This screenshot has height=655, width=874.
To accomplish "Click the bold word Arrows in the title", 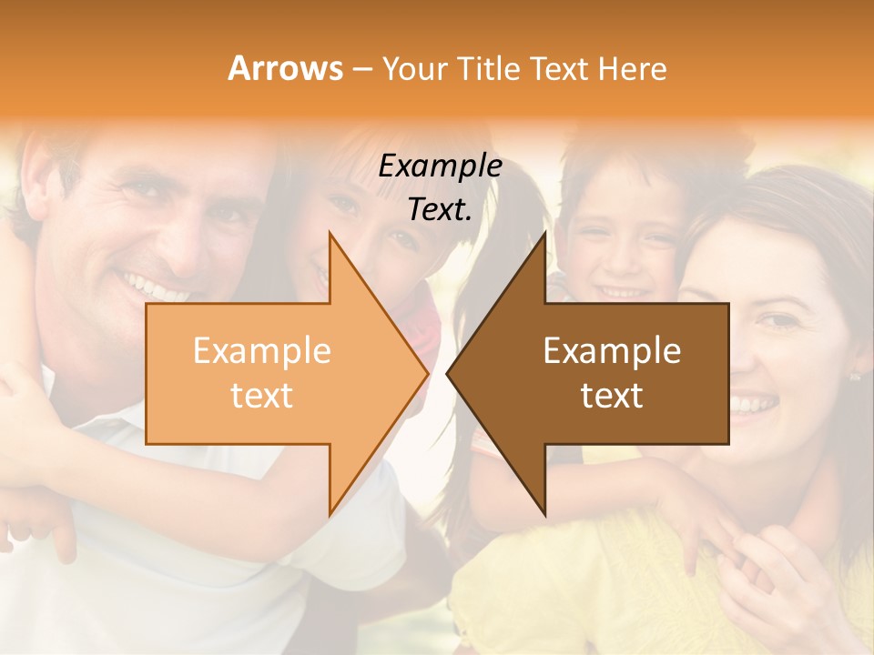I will coord(286,68).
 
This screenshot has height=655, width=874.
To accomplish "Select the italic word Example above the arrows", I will coord(440,166).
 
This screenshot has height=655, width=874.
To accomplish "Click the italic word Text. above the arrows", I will coord(440,209).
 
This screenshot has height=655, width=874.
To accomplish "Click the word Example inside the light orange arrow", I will coord(261,351).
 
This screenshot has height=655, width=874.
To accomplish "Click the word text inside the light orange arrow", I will coord(261,395).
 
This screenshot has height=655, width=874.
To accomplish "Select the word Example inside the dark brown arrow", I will coord(612,351).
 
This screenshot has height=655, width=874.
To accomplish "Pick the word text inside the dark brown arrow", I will coord(612,395).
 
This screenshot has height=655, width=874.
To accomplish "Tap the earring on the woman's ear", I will coord(854,375).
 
